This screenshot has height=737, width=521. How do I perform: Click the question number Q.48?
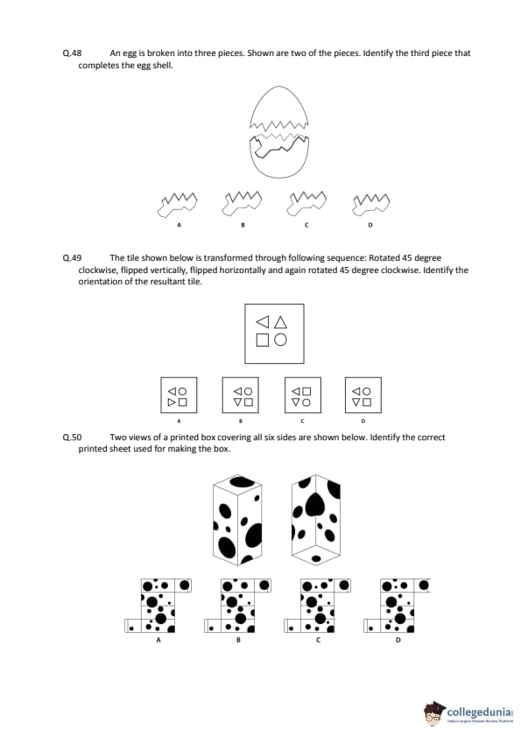[x=72, y=53]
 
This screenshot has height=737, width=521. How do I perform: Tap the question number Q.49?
[x=72, y=257]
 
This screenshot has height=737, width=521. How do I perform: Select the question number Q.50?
[x=72, y=437]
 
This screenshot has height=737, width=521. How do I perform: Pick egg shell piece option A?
[x=177, y=205]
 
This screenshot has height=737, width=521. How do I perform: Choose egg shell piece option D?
[x=371, y=205]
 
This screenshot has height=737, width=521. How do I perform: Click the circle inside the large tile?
[x=280, y=340]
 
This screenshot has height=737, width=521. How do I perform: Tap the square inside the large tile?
[x=263, y=340]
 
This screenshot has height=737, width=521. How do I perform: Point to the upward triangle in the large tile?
[x=280, y=322]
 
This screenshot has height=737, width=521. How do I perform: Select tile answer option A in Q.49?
[x=179, y=395]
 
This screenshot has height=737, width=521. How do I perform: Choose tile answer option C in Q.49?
[x=303, y=395]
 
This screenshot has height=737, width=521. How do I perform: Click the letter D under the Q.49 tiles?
[x=363, y=421]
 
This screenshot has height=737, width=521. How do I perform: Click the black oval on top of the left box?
[x=242, y=481]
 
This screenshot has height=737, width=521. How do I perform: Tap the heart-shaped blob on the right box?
[x=315, y=505]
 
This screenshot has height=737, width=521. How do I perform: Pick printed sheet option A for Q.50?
[x=158, y=606]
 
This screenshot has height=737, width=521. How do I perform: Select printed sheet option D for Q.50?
[x=398, y=606]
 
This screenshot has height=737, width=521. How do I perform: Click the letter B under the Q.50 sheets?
[x=238, y=640]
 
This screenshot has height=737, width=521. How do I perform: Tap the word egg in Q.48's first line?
[x=130, y=53]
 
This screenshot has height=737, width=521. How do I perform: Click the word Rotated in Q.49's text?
[x=384, y=257]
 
